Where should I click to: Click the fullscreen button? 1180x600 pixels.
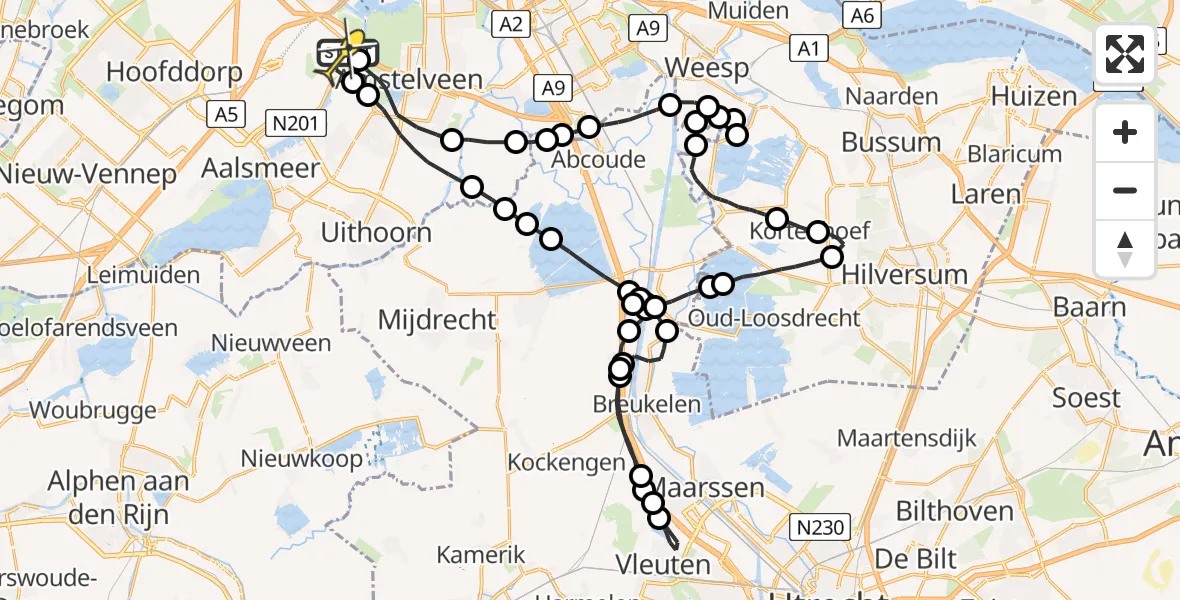(x=1125, y=55)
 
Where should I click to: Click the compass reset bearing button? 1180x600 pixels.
(x=1125, y=249)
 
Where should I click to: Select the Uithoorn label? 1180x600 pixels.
(x=376, y=233)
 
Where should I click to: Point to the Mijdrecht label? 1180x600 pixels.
(x=437, y=320)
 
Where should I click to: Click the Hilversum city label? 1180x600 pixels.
(x=906, y=274)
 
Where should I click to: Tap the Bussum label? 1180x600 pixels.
(x=891, y=142)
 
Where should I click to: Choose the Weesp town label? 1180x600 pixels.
(x=713, y=68)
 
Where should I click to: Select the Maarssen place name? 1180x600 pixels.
(x=721, y=488)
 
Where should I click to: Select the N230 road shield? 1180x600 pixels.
(x=817, y=526)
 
